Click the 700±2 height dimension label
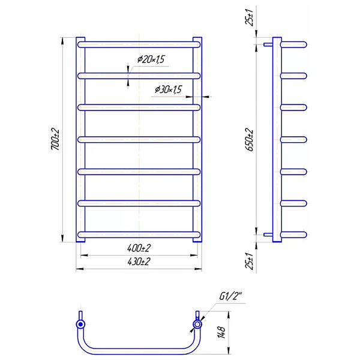point(55,139)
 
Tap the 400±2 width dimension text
point(139,248)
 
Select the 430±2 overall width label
point(139,262)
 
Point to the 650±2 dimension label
point(249,139)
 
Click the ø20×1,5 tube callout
point(151,59)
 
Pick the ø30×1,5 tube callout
point(169,89)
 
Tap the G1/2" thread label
point(231,296)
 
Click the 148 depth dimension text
point(221,332)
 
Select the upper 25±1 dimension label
point(249,17)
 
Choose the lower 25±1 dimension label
point(249,261)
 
